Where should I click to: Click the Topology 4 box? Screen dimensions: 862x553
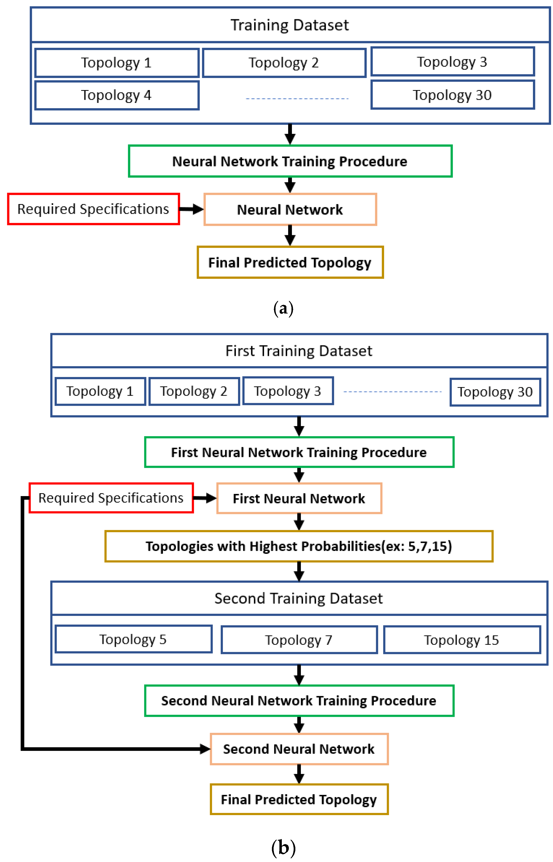(x=117, y=95)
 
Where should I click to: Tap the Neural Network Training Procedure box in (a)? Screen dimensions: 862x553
(x=290, y=161)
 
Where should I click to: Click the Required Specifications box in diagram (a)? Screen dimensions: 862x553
(x=93, y=209)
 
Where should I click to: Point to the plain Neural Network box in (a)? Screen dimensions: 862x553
(x=290, y=210)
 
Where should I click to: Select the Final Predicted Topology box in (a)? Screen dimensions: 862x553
(x=290, y=262)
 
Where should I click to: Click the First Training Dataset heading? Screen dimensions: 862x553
(x=299, y=351)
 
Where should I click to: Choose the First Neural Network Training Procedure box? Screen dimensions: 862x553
(x=299, y=452)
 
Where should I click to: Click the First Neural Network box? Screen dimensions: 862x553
(x=299, y=499)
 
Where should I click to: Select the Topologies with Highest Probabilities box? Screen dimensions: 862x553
(x=299, y=546)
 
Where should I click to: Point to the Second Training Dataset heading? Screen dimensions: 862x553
(x=299, y=598)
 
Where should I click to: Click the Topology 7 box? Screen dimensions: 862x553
(x=299, y=640)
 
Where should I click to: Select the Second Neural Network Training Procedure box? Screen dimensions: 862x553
(x=299, y=700)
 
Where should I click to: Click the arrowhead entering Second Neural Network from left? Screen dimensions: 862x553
(x=205, y=749)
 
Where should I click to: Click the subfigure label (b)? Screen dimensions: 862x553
(x=283, y=848)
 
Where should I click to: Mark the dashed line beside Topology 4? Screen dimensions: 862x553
(x=297, y=98)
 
